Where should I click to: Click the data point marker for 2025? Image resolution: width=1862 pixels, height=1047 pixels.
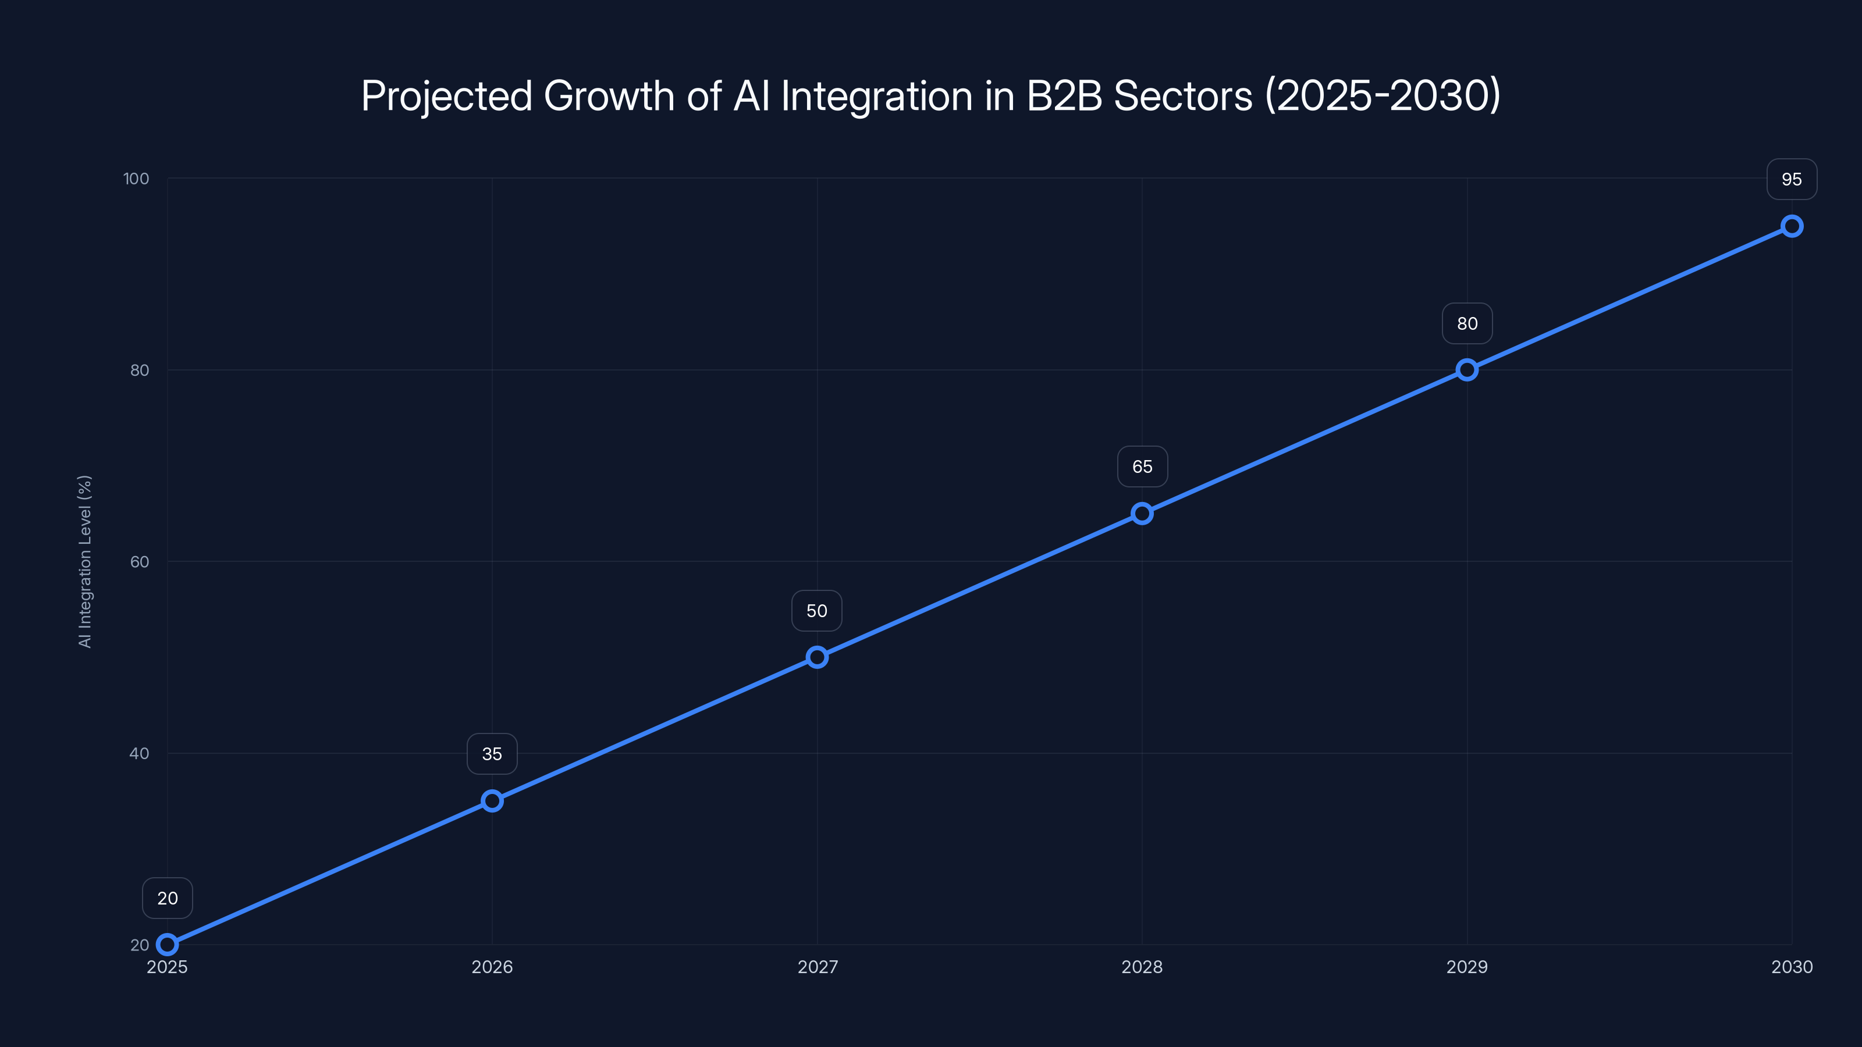(167, 945)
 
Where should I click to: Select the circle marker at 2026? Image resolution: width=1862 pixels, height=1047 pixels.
(492, 800)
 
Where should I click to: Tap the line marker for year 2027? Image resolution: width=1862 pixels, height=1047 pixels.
(817, 657)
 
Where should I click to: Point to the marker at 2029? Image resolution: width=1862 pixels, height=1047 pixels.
(1466, 370)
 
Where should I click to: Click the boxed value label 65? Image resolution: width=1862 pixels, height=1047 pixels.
(1142, 466)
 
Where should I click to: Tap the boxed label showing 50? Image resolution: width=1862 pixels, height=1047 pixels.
(817, 611)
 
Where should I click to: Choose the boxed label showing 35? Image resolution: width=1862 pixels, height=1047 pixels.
(492, 754)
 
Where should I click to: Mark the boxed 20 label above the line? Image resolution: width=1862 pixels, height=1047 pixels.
(167, 898)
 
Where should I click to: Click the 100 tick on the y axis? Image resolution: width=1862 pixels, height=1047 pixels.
(136, 179)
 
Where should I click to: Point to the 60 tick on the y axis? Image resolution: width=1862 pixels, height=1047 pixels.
(140, 561)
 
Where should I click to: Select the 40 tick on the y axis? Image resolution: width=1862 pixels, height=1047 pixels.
(140, 753)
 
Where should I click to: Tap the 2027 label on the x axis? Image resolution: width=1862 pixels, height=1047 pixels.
(817, 967)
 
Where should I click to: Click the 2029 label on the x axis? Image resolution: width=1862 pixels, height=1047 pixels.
(1466, 967)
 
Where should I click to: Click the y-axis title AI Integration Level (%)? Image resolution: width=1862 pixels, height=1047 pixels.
(84, 561)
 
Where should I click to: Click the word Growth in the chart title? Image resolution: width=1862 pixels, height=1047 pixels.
(609, 96)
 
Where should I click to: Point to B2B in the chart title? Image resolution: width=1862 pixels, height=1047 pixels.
(1064, 96)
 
